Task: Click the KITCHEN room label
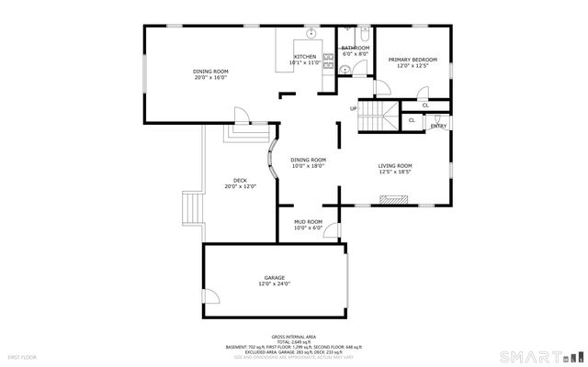(306, 57)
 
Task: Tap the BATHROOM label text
(355, 48)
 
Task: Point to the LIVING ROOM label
(395, 166)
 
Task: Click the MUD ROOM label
(308, 222)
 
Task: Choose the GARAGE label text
(275, 278)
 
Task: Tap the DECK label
(240, 180)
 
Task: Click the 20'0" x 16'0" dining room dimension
(210, 77)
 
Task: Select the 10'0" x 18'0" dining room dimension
(309, 166)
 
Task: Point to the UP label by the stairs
(353, 109)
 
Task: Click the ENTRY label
(439, 126)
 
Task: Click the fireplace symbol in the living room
(394, 196)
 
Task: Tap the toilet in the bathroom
(365, 73)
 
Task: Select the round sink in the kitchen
(311, 34)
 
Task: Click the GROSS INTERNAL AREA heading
(294, 337)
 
